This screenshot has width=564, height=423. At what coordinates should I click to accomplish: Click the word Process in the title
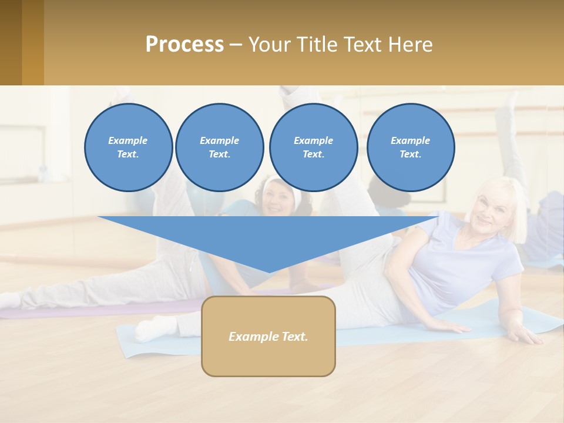pos(184,45)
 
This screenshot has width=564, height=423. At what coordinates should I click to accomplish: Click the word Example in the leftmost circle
pos(127,140)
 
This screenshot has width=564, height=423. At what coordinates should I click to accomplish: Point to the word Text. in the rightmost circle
pos(410,154)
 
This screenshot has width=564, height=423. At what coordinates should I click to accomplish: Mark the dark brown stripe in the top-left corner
pos(11,42)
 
